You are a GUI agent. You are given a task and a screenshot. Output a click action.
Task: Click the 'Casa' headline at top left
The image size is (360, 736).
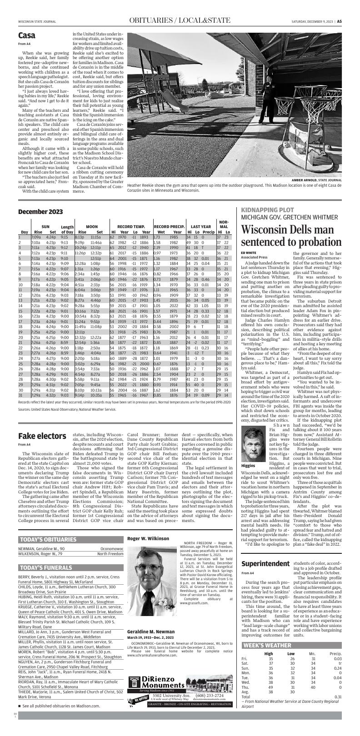click(x=27, y=35)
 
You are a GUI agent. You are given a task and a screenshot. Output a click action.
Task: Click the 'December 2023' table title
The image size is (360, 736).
click(x=40, y=212)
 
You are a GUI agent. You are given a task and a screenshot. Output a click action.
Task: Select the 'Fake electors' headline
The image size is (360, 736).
click(x=42, y=436)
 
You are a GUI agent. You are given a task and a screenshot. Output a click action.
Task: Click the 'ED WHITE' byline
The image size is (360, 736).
click(x=249, y=252)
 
